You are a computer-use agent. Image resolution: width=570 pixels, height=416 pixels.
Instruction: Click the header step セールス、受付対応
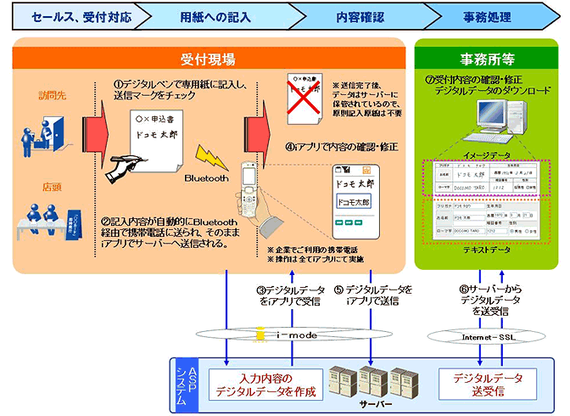pyautogui.click(x=68, y=16)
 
